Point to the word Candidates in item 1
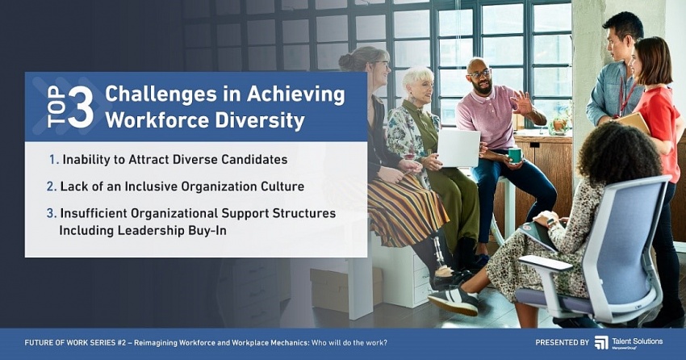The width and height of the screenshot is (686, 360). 254,159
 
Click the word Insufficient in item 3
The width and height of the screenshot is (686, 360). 93,213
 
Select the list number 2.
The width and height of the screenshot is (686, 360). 51,186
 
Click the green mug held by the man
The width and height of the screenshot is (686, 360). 515,155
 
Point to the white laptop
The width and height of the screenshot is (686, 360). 458,148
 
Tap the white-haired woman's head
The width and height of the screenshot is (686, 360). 417,82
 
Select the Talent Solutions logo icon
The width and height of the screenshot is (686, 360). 601,342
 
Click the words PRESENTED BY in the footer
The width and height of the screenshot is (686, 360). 563,343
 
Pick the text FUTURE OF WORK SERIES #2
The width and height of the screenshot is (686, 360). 75,343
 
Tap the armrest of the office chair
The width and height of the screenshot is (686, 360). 545,263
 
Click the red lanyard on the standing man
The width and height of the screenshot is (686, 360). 625,96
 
